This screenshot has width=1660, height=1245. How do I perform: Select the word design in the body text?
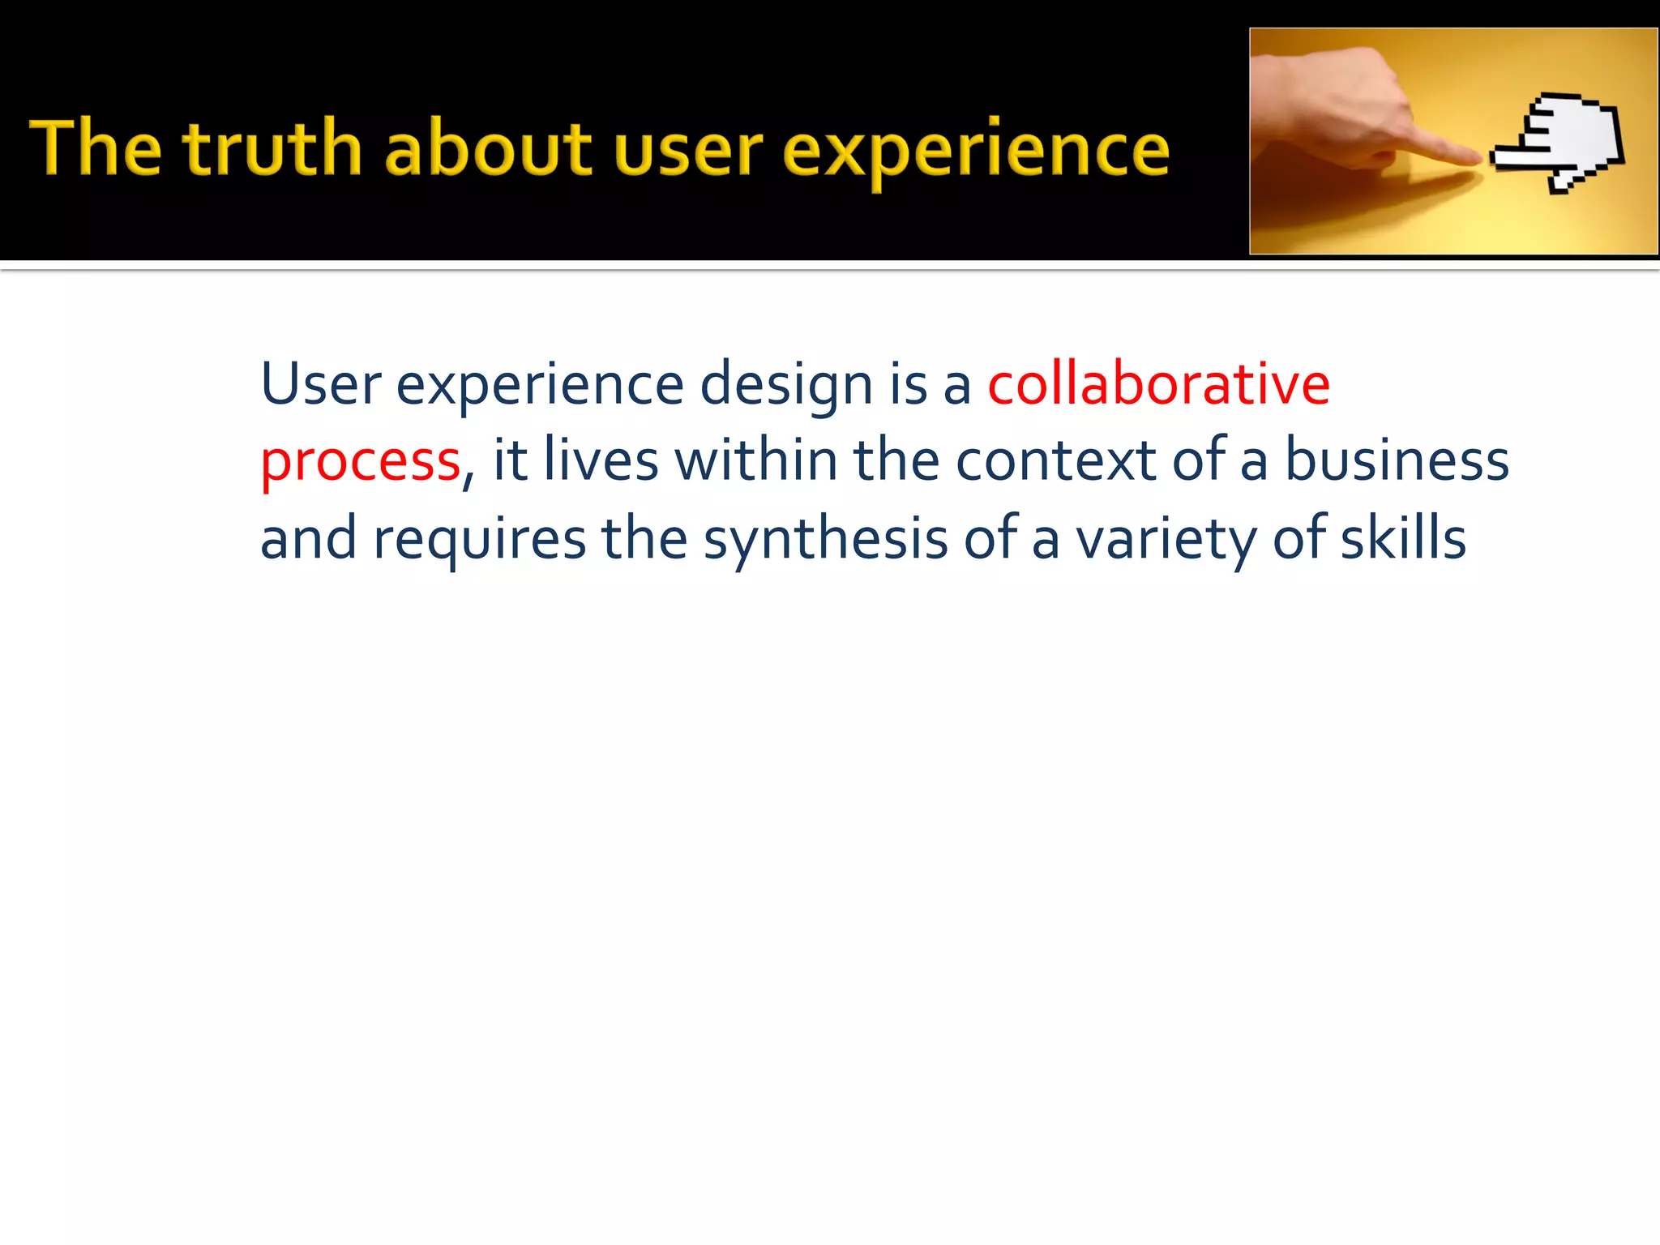point(785,386)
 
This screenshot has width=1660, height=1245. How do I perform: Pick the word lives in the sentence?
point(601,460)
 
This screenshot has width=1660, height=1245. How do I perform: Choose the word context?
point(1055,460)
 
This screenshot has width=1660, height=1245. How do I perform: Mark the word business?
point(1397,460)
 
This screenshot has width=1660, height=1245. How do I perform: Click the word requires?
point(479,540)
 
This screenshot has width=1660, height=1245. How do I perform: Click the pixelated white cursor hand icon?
point(1560,142)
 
